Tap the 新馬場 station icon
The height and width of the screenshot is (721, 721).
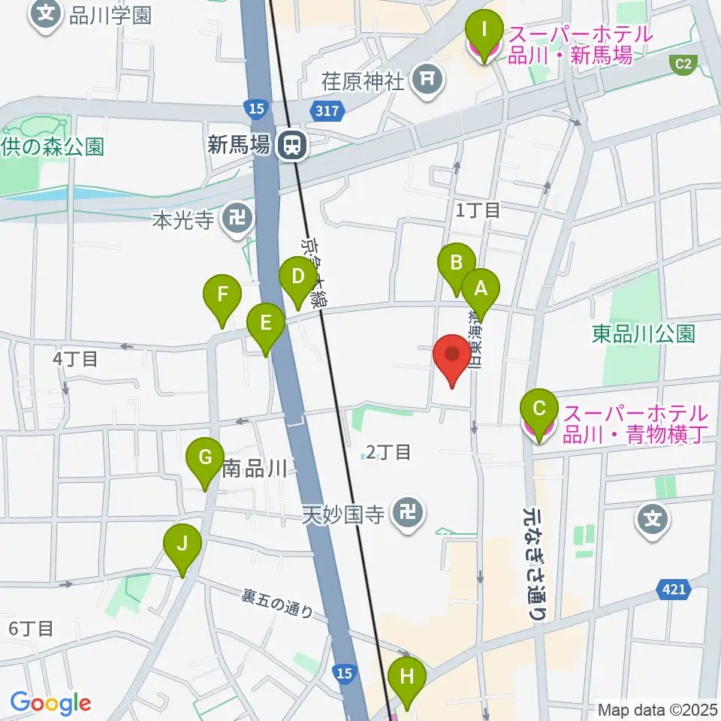pyautogui.click(x=291, y=146)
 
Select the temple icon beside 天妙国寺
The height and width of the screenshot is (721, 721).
pyautogui.click(x=408, y=514)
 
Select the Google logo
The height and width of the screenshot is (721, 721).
pyautogui.click(x=50, y=704)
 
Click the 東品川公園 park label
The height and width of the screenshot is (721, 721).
pyautogui.click(x=644, y=334)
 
